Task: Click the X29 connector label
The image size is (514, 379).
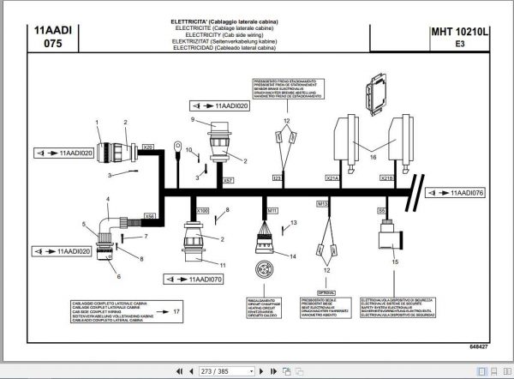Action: (x=148, y=147)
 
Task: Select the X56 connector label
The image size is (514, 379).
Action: (x=150, y=216)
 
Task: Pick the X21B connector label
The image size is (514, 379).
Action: (x=386, y=178)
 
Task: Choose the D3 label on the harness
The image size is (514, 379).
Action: (x=277, y=178)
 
